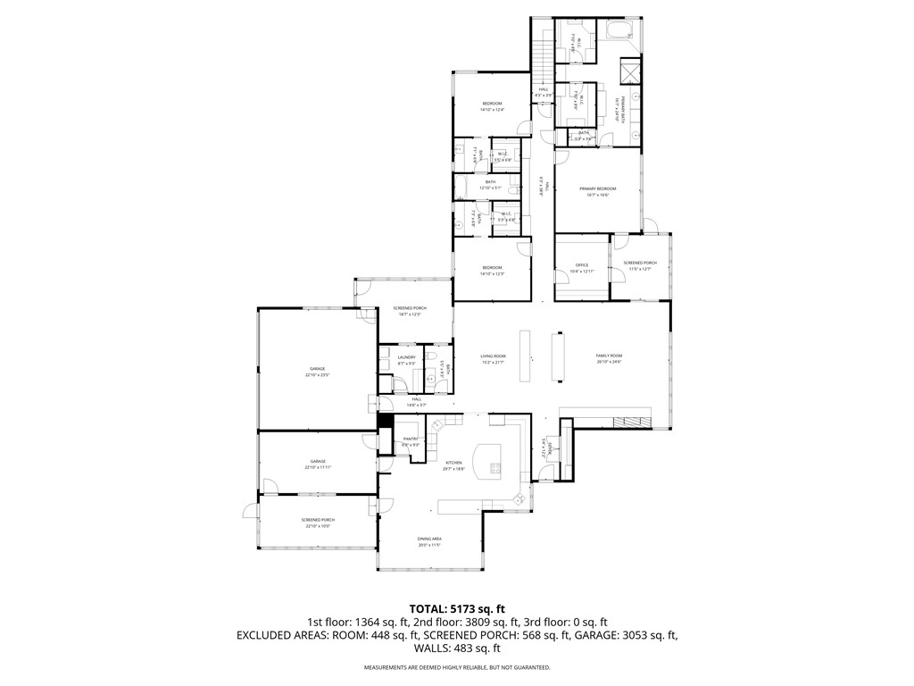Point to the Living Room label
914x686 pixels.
tap(493, 358)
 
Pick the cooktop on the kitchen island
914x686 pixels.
tap(494, 467)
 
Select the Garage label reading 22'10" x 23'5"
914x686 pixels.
tap(317, 372)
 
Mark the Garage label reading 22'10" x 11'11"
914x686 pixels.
tap(317, 464)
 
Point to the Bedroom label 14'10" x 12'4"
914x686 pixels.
tap(493, 106)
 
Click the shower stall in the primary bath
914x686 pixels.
tap(629, 70)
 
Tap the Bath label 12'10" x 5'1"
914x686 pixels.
tap(490, 185)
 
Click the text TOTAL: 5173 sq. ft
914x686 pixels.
tap(456, 607)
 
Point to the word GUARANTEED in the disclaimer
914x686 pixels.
tap(530, 667)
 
